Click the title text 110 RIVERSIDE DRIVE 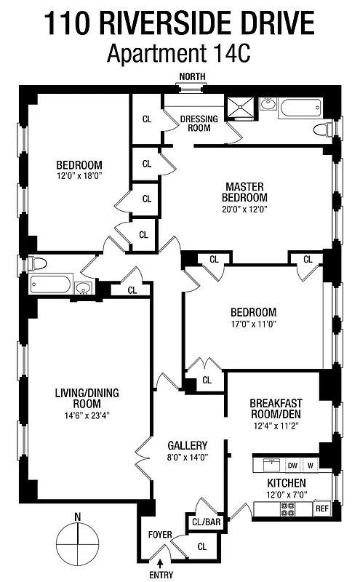pyautogui.click(x=180, y=23)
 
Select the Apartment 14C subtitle pyautogui.click(x=180, y=53)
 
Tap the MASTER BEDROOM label pyautogui.click(x=246, y=191)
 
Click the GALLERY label pyautogui.click(x=187, y=445)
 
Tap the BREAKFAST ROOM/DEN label pyautogui.click(x=276, y=408)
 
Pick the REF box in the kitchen pyautogui.click(x=322, y=509)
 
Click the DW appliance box pyautogui.click(x=292, y=465)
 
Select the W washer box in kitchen pyautogui.click(x=311, y=465)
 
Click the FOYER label pyautogui.click(x=160, y=535)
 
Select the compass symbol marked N pyautogui.click(x=77, y=543)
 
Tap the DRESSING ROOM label pyautogui.click(x=195, y=123)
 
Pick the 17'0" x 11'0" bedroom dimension pyautogui.click(x=253, y=323)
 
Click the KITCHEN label pyautogui.click(x=286, y=483)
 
